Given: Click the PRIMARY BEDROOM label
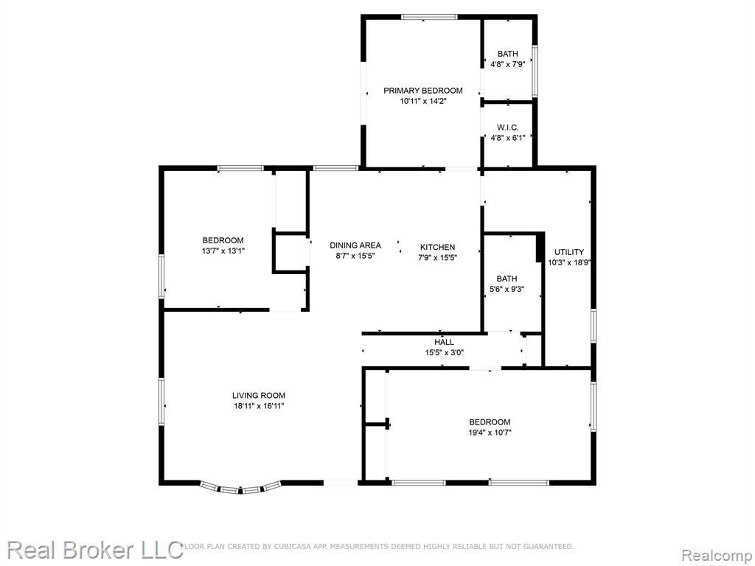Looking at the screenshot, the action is tap(422, 91).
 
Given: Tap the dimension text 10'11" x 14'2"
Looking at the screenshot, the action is tap(423, 101).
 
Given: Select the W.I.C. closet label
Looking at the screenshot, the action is tap(507, 127).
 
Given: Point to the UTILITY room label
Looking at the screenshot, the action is tap(568, 252).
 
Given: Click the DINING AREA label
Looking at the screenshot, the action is tap(355, 245).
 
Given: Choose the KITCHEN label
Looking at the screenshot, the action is tap(437, 247).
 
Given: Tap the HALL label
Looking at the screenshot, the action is tap(444, 342).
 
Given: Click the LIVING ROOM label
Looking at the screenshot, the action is tap(259, 396).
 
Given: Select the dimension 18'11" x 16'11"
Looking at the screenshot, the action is tap(259, 406).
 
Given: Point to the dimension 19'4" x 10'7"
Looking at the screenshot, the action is tap(490, 433).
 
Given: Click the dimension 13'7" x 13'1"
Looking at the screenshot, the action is tap(223, 251).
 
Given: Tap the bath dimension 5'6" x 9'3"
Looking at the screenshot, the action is tap(507, 289).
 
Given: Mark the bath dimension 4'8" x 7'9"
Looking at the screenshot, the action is tap(507, 64).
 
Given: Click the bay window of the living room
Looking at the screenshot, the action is tap(240, 488).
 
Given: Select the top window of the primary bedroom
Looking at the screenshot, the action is tap(429, 18).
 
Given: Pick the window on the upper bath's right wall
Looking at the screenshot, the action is tap(535, 71).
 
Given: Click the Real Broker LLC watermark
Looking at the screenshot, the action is tap(95, 550).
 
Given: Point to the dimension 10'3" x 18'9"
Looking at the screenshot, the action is tap(569, 263).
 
